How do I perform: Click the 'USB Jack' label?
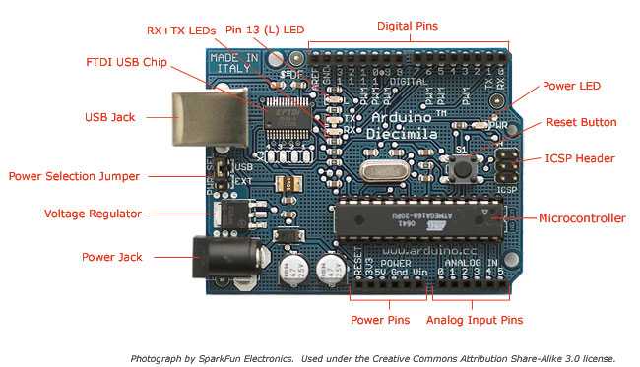point(109,117)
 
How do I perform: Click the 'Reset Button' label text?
point(582,123)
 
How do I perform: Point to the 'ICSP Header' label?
point(580,158)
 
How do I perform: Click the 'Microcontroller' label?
point(582,218)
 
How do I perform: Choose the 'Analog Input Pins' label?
point(475,320)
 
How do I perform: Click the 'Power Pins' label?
point(380,320)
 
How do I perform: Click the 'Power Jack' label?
point(111,257)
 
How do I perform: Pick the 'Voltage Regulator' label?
point(94,214)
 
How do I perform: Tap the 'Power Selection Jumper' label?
point(74,176)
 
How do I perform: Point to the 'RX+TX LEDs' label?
point(180,31)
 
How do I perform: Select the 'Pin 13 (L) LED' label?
point(265,31)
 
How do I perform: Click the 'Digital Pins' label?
point(409,24)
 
